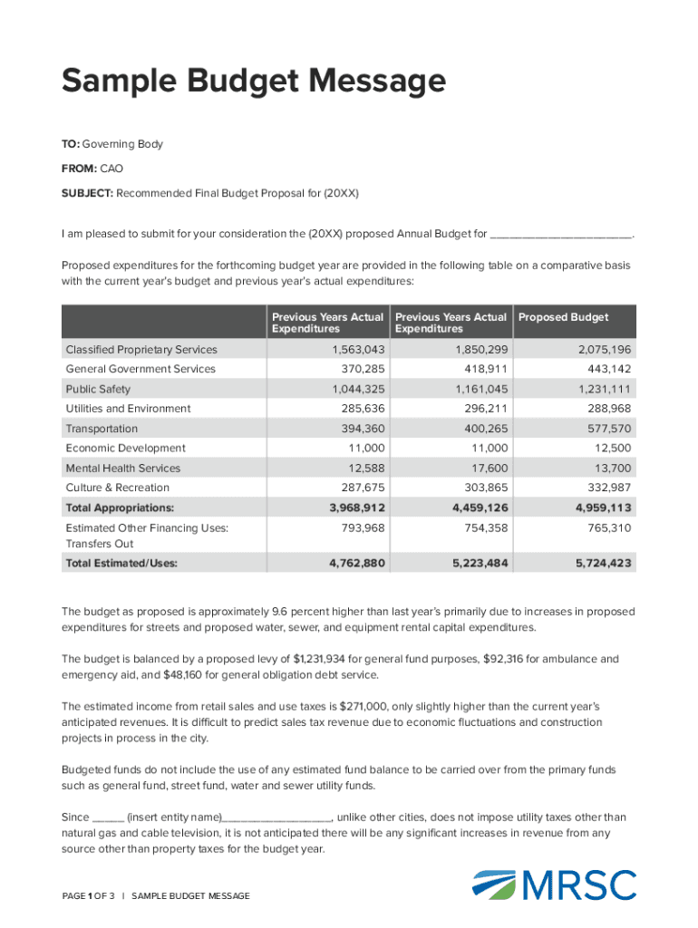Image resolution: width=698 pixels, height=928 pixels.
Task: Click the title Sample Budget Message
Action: click(x=254, y=82)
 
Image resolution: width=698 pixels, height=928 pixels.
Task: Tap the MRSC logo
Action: click(x=555, y=885)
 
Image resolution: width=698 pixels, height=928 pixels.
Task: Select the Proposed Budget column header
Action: click(x=563, y=317)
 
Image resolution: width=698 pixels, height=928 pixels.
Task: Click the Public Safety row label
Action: click(x=98, y=389)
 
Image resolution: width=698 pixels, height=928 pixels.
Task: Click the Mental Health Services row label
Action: click(x=122, y=469)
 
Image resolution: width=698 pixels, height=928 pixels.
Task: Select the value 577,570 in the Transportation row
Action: click(x=604, y=429)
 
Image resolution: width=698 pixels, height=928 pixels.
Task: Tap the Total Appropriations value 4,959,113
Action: click(x=603, y=507)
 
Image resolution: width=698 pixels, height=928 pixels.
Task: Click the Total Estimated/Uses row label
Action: click(x=121, y=564)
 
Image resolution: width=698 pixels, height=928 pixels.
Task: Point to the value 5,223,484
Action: click(x=480, y=564)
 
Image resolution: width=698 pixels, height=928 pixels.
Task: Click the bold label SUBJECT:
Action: click(x=87, y=193)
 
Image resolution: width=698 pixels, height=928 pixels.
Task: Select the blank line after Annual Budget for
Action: click(x=560, y=234)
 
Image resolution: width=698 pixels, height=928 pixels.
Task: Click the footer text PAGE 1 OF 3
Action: click(x=89, y=896)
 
